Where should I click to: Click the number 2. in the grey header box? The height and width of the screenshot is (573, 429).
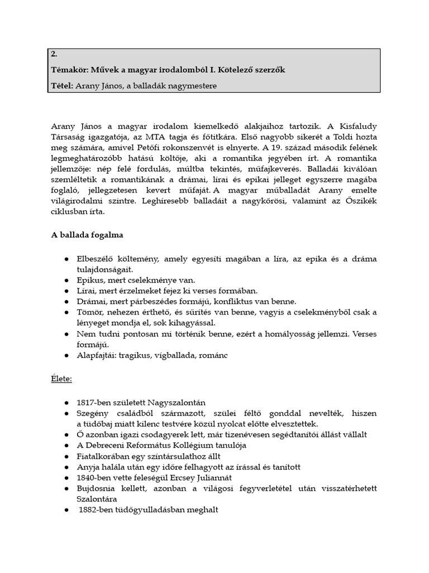click(x=53, y=54)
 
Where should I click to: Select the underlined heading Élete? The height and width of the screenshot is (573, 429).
click(x=61, y=378)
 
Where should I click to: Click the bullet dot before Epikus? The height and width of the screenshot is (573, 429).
click(x=66, y=280)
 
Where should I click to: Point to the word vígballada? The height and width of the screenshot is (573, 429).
click(x=179, y=355)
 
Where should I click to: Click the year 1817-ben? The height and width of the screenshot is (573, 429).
click(x=96, y=402)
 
